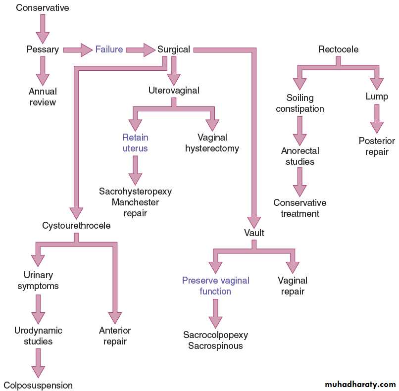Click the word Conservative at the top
tap(43, 8)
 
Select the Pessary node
tap(43, 49)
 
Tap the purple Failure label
tap(109, 49)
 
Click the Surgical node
tap(174, 49)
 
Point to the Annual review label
tap(43, 97)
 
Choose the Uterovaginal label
tap(174, 91)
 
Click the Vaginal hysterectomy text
tap(212, 143)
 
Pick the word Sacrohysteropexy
tap(135, 191)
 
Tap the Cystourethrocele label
tap(76, 226)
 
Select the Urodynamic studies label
tap(38, 336)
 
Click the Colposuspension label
tap(38, 385)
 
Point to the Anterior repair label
tap(115, 336)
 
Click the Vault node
tap(254, 232)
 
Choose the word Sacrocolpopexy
tap(215, 335)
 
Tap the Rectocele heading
tap(338, 49)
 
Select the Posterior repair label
tap(377, 147)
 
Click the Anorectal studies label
tap(300, 156)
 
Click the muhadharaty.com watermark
tap(360, 384)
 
